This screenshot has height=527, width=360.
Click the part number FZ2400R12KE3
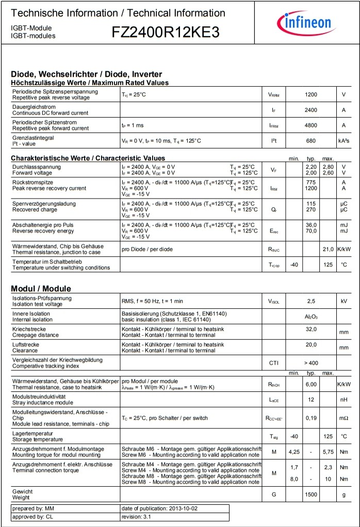point(166,32)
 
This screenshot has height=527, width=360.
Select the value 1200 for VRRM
point(311,94)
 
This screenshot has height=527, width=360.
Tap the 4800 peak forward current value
point(311,125)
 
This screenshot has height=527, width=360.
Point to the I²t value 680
point(311,141)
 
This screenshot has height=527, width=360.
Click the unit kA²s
point(343,141)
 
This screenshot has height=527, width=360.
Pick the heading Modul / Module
point(41,288)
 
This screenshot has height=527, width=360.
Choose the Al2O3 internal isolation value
point(311,317)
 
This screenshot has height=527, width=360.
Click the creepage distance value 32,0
point(311,329)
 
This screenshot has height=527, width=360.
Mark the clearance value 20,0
point(311,344)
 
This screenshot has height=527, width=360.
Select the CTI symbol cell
point(274,363)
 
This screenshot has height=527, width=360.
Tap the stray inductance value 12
point(311,400)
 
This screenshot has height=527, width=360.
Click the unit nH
point(343,400)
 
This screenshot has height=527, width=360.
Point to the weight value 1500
point(311,495)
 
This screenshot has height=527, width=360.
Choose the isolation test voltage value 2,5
point(311,301)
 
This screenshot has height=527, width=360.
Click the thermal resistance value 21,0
point(328,250)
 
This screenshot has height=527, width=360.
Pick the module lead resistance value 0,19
point(311,418)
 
